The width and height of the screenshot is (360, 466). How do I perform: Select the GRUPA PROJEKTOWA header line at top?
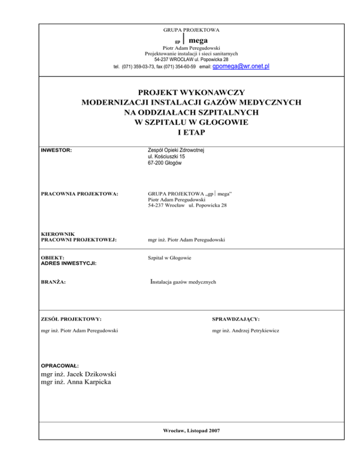click(x=191, y=30)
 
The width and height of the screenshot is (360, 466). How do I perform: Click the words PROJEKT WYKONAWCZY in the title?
click(x=191, y=92)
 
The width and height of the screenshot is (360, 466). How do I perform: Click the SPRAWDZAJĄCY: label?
click(x=236, y=319)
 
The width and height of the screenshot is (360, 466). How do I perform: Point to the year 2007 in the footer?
click(x=213, y=430)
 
